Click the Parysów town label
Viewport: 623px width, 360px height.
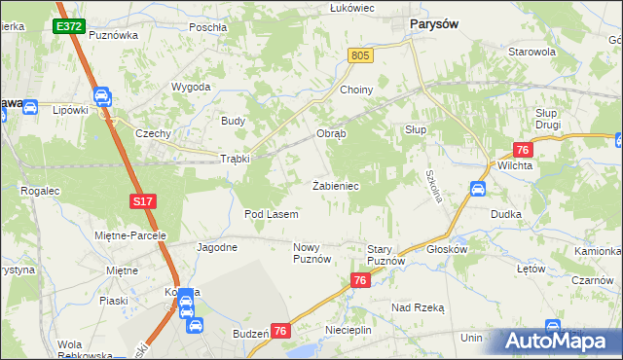click(x=435, y=23)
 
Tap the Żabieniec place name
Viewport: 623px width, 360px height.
click(x=337, y=185)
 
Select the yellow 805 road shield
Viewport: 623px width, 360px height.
click(x=360, y=57)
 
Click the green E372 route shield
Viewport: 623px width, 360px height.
click(x=68, y=26)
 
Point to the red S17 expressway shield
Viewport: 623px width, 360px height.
click(x=142, y=201)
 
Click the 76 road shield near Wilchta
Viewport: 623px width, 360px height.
click(x=523, y=149)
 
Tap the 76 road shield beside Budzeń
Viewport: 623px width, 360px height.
click(x=281, y=332)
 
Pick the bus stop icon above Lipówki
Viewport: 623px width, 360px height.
click(x=102, y=95)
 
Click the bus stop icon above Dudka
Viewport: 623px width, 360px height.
click(x=478, y=189)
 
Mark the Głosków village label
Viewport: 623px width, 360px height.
click(x=448, y=248)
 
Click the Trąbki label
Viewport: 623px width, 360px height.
click(x=236, y=159)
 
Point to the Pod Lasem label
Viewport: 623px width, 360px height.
click(x=271, y=213)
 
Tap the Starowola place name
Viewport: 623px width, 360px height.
click(x=531, y=51)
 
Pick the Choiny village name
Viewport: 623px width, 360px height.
click(x=357, y=90)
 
